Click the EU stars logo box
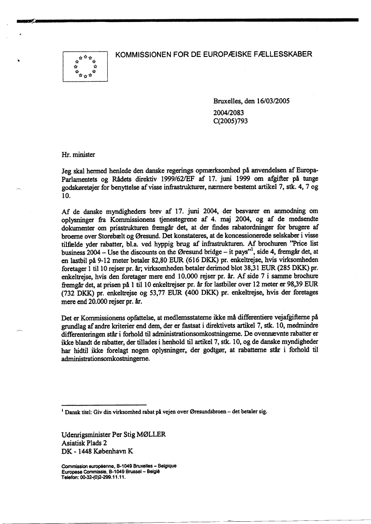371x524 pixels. pos(85,66)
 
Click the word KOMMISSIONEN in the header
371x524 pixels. pos(143,55)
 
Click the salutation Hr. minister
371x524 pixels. pos(78,155)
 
